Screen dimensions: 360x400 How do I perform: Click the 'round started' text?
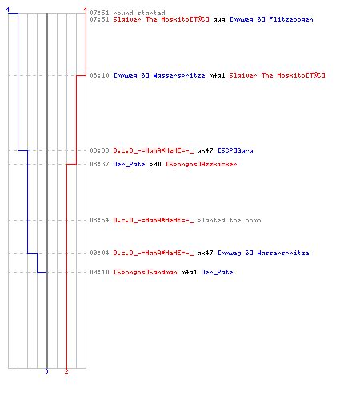tap(139, 13)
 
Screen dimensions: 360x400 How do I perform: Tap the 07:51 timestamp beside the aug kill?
tap(99, 19)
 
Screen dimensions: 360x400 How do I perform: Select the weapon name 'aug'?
tap(219, 20)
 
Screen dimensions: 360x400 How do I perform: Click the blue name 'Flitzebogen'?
tap(291, 19)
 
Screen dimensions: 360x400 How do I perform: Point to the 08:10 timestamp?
tap(99, 75)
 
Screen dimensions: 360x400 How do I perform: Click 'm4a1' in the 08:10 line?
tap(217, 75)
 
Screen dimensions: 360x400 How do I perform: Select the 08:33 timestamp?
tap(99, 150)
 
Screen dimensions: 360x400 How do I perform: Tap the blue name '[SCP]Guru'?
tap(235, 150)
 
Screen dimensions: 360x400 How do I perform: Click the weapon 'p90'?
tap(155, 165)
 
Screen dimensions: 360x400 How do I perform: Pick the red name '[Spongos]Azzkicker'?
tap(202, 164)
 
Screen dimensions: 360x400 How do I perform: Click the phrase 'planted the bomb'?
tap(229, 220)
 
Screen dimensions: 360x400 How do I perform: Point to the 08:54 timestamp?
tap(99, 220)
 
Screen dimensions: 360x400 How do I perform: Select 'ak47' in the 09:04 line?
tap(205, 253)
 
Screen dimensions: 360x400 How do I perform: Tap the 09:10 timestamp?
tap(99, 272)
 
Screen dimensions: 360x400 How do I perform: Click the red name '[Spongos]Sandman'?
tap(146, 272)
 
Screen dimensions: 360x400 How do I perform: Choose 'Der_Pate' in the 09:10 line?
tap(217, 272)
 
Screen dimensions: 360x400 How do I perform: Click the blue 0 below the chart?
tap(46, 371)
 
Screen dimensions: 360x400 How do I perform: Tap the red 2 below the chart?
tap(66, 371)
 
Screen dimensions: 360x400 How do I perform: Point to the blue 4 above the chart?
tap(8, 10)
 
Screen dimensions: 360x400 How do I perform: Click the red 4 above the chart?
tap(86, 10)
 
